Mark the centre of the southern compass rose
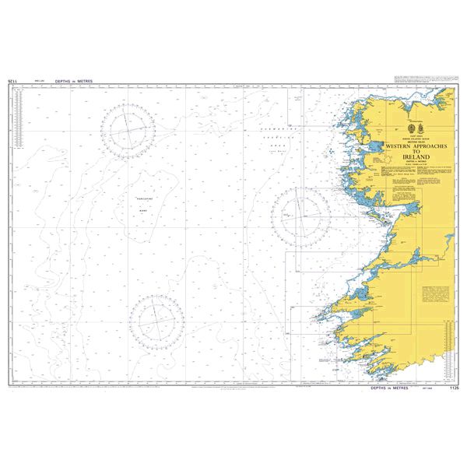[x=155, y=319]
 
